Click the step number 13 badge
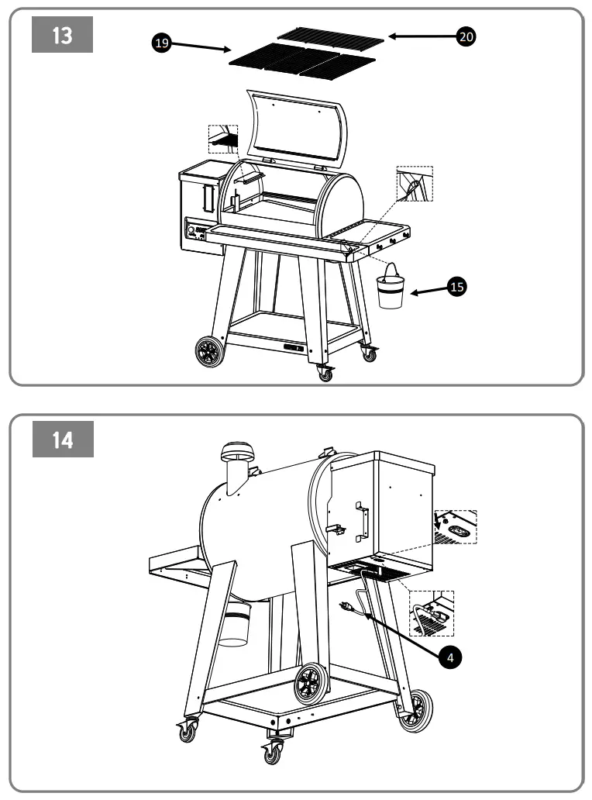[62, 36]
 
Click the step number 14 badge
[62, 440]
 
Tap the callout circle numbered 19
[161, 43]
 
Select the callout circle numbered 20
[466, 36]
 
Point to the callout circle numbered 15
[457, 287]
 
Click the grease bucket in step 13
[391, 288]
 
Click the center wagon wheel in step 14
[312, 683]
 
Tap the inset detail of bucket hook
[415, 184]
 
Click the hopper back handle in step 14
[360, 521]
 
